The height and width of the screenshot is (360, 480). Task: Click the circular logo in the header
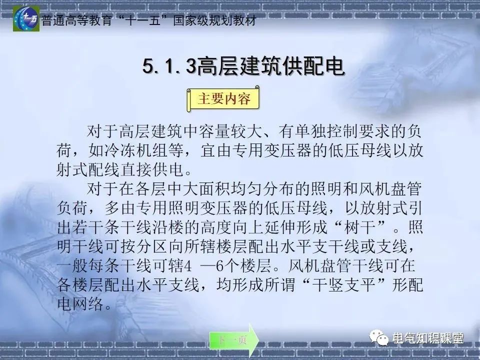coord(26,19)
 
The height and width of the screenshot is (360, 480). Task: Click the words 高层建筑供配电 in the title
coord(270,67)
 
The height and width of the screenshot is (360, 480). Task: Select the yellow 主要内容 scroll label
coord(224,99)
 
